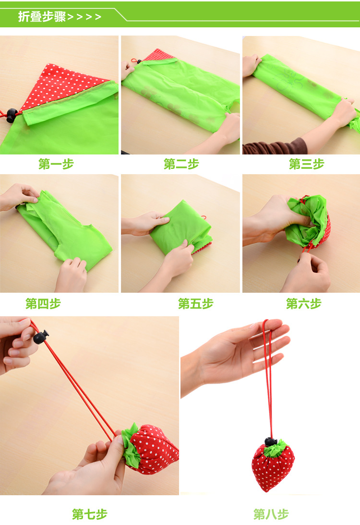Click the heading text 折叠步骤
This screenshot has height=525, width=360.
coord(42,16)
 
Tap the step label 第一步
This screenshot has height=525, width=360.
coord(56,164)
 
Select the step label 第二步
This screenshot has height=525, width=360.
coord(181,164)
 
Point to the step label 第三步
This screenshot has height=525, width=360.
coord(306,164)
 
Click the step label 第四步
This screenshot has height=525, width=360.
coord(43,304)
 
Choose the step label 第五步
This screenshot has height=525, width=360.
coord(195,304)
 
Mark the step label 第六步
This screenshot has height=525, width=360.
coord(303,304)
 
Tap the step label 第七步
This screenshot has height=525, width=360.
coord(90,514)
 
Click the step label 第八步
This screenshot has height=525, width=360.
coord(271,514)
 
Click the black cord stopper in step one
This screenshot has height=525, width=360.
coord(12,115)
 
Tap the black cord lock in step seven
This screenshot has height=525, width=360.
coord(41,336)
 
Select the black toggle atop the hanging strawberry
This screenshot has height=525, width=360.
coord(271,441)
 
